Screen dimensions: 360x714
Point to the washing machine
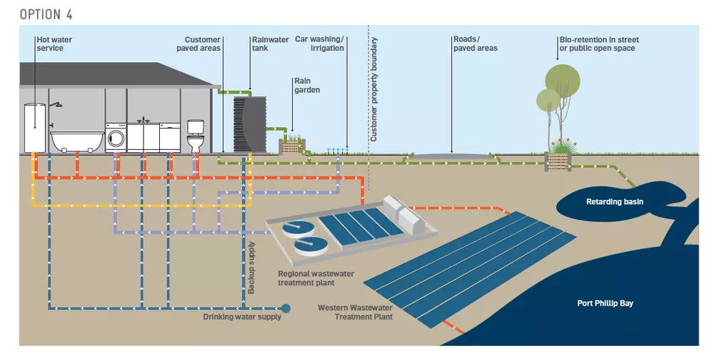pos(116,136)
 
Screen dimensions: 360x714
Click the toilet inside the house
pos(196,136)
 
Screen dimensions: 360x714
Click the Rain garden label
pos(307,86)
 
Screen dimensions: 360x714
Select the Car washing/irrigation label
pos(320,44)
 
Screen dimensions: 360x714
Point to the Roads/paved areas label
pos(475,44)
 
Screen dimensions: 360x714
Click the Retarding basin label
pos(615,201)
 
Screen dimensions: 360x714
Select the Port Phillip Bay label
pos(605,303)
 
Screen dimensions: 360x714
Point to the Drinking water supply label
pos(241,317)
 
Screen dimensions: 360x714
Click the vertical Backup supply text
pos(251,266)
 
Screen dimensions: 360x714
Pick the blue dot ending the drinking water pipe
pos(286,309)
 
